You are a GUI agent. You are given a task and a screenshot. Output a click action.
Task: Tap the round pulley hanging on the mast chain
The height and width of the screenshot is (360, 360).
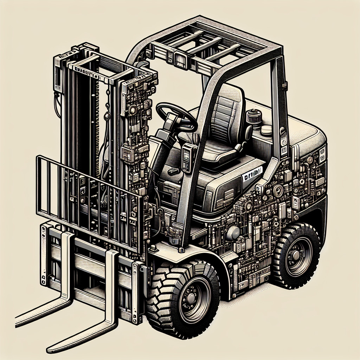point(105,116)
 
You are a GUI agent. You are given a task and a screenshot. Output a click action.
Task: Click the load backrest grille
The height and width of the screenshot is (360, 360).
point(88,200)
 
